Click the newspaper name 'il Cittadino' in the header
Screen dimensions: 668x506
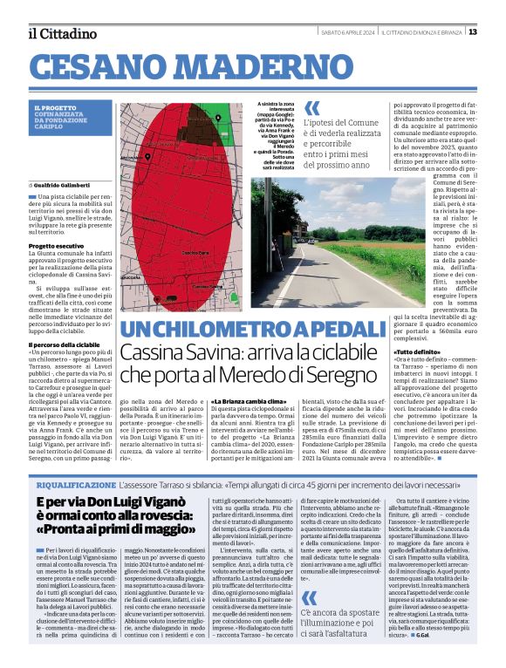coord(61,33)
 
